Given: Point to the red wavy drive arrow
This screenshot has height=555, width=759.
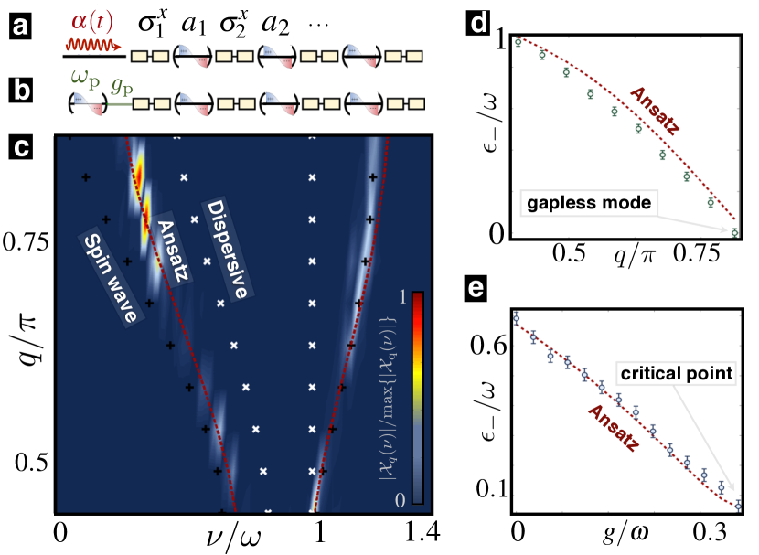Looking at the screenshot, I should tap(92, 43).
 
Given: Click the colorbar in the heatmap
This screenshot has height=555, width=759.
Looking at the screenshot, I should tap(416, 397).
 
